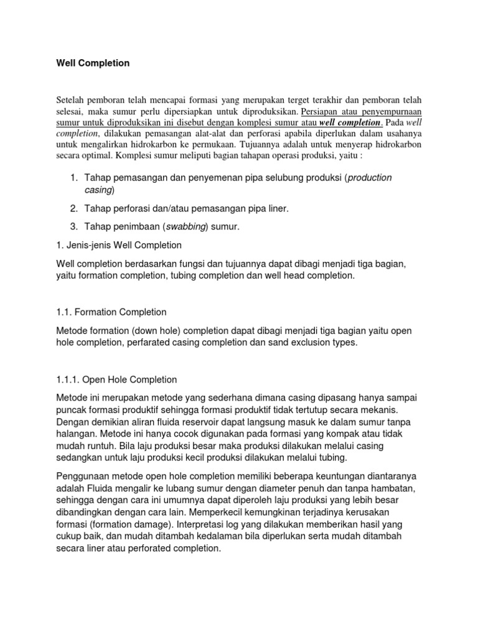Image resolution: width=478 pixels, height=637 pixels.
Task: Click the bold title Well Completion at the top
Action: (x=93, y=63)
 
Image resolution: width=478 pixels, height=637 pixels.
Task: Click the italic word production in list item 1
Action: (x=370, y=177)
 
